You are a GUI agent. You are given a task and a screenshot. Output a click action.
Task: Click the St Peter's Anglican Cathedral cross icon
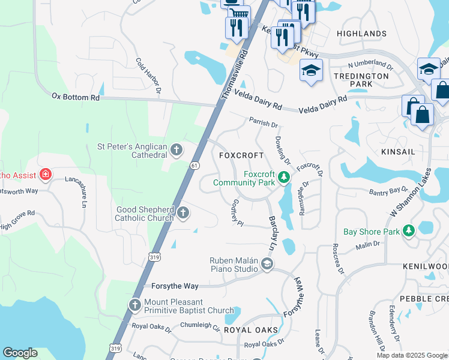[176, 149]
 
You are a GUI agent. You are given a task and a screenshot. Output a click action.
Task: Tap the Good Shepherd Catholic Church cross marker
[183, 212]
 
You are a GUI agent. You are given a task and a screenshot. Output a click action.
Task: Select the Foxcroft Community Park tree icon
[284, 177]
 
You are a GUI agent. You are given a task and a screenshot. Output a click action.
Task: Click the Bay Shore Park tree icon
[408, 230]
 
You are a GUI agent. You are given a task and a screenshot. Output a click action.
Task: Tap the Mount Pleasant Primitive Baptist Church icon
[134, 305]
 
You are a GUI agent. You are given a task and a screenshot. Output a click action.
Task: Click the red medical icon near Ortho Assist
[44, 175]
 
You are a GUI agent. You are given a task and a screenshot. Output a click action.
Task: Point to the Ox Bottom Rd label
[76, 97]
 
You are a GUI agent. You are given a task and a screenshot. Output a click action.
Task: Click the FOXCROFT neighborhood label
[241, 155]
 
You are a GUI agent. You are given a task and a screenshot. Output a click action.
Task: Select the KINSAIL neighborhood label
[397, 152]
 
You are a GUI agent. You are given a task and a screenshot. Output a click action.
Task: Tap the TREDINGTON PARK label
[361, 80]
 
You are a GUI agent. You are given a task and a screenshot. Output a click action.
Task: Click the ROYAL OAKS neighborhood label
[251, 330]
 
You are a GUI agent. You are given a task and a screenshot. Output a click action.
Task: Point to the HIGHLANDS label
[361, 34]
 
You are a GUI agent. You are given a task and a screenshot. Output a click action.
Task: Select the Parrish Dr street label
[264, 125]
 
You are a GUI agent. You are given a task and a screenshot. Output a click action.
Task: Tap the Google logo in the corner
[20, 353]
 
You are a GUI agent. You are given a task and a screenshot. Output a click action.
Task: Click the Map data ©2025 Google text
[411, 355]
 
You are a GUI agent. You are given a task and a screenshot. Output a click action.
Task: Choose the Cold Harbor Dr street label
[149, 76]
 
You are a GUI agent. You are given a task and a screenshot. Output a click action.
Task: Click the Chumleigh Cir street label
[200, 327]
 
